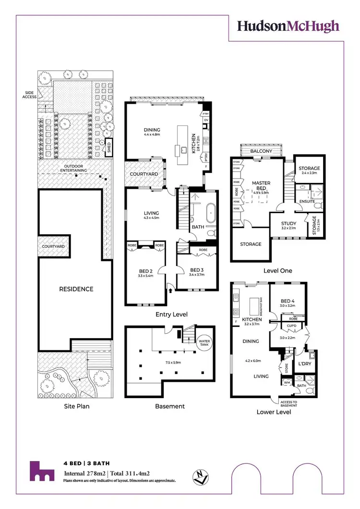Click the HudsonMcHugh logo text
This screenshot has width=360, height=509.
click(288, 26)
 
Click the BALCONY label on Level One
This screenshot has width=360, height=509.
click(261, 151)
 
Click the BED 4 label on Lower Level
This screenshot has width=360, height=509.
click(288, 302)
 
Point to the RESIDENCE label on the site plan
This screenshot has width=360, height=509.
click(76, 289)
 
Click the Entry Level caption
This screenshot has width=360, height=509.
click(171, 315)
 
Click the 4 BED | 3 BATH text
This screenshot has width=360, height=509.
click(87, 463)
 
